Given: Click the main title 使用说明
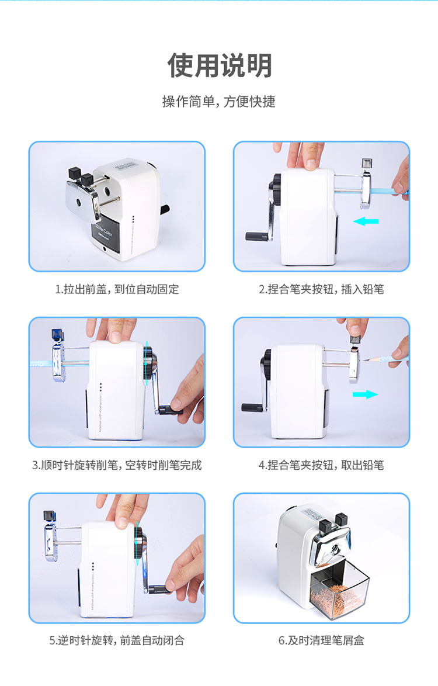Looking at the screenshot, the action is pos(220,65).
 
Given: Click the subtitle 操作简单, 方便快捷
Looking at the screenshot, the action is pos(219,102).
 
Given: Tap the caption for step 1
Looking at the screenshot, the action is pos(117,289).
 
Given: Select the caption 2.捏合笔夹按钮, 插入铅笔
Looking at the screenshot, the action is pos(321,289).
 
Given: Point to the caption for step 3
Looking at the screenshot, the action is pos(117,465).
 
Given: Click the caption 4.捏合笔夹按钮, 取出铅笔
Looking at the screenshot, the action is pos(321,465).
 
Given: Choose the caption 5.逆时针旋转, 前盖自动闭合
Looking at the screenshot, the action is pos(117,641).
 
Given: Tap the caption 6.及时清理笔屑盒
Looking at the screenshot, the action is pos(321,641).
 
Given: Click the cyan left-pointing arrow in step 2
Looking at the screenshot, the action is pos(366,221).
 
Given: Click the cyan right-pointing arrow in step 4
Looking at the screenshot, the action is pos(366,394).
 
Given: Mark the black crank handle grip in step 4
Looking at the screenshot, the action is pos(252,408).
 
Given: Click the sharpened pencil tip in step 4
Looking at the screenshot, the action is pos(364,359).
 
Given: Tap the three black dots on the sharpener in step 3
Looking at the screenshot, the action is pos(101,387).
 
